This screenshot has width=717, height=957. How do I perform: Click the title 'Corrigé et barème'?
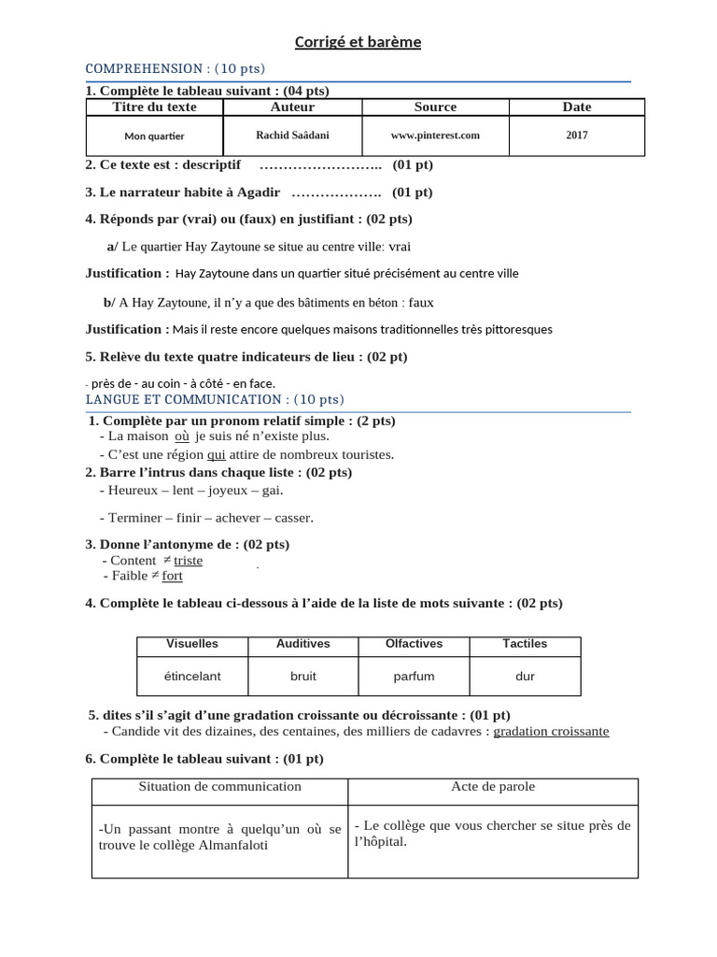click(358, 42)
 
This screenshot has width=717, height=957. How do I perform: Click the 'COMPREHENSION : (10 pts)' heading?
click(175, 68)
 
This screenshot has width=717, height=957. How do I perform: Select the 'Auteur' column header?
click(291, 107)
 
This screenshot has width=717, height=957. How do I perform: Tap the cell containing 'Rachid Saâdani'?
click(291, 136)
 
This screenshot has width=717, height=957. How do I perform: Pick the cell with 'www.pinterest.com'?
click(435, 136)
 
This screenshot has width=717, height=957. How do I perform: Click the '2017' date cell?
click(576, 136)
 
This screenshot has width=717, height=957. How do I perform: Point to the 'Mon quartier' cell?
click(155, 136)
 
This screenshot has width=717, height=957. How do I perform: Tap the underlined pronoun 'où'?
click(182, 436)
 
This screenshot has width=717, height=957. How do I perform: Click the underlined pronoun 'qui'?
click(216, 455)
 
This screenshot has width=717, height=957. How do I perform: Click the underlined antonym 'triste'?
click(188, 561)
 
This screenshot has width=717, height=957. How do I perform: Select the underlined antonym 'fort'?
click(172, 577)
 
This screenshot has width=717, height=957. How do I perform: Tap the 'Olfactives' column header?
click(414, 644)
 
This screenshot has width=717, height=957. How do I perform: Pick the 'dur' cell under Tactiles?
click(525, 676)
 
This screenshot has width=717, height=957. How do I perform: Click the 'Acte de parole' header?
click(492, 787)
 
